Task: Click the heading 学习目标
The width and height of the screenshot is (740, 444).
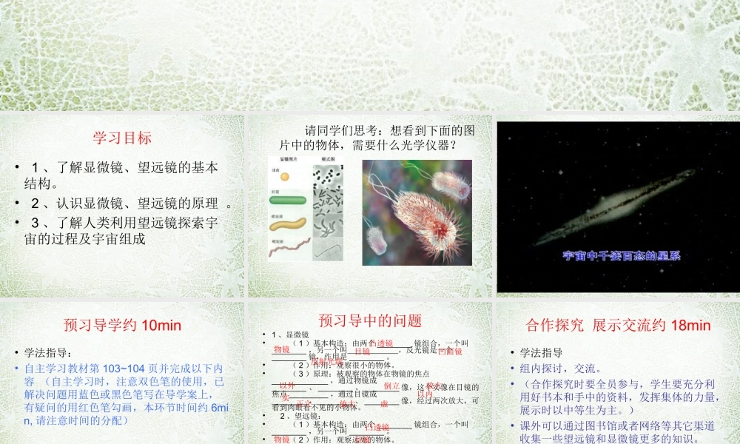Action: (x=122, y=138)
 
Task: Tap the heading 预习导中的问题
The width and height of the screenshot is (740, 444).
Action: (x=370, y=320)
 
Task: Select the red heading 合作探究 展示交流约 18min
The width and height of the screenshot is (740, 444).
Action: (x=618, y=325)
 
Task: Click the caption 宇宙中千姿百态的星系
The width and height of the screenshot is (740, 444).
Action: (x=622, y=256)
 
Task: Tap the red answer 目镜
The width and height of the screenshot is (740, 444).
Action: (x=363, y=351)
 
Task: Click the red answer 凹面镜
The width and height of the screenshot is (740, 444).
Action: (x=450, y=351)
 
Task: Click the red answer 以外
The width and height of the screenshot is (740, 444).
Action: (x=287, y=386)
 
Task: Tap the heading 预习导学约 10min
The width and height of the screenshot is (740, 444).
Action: (x=122, y=325)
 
